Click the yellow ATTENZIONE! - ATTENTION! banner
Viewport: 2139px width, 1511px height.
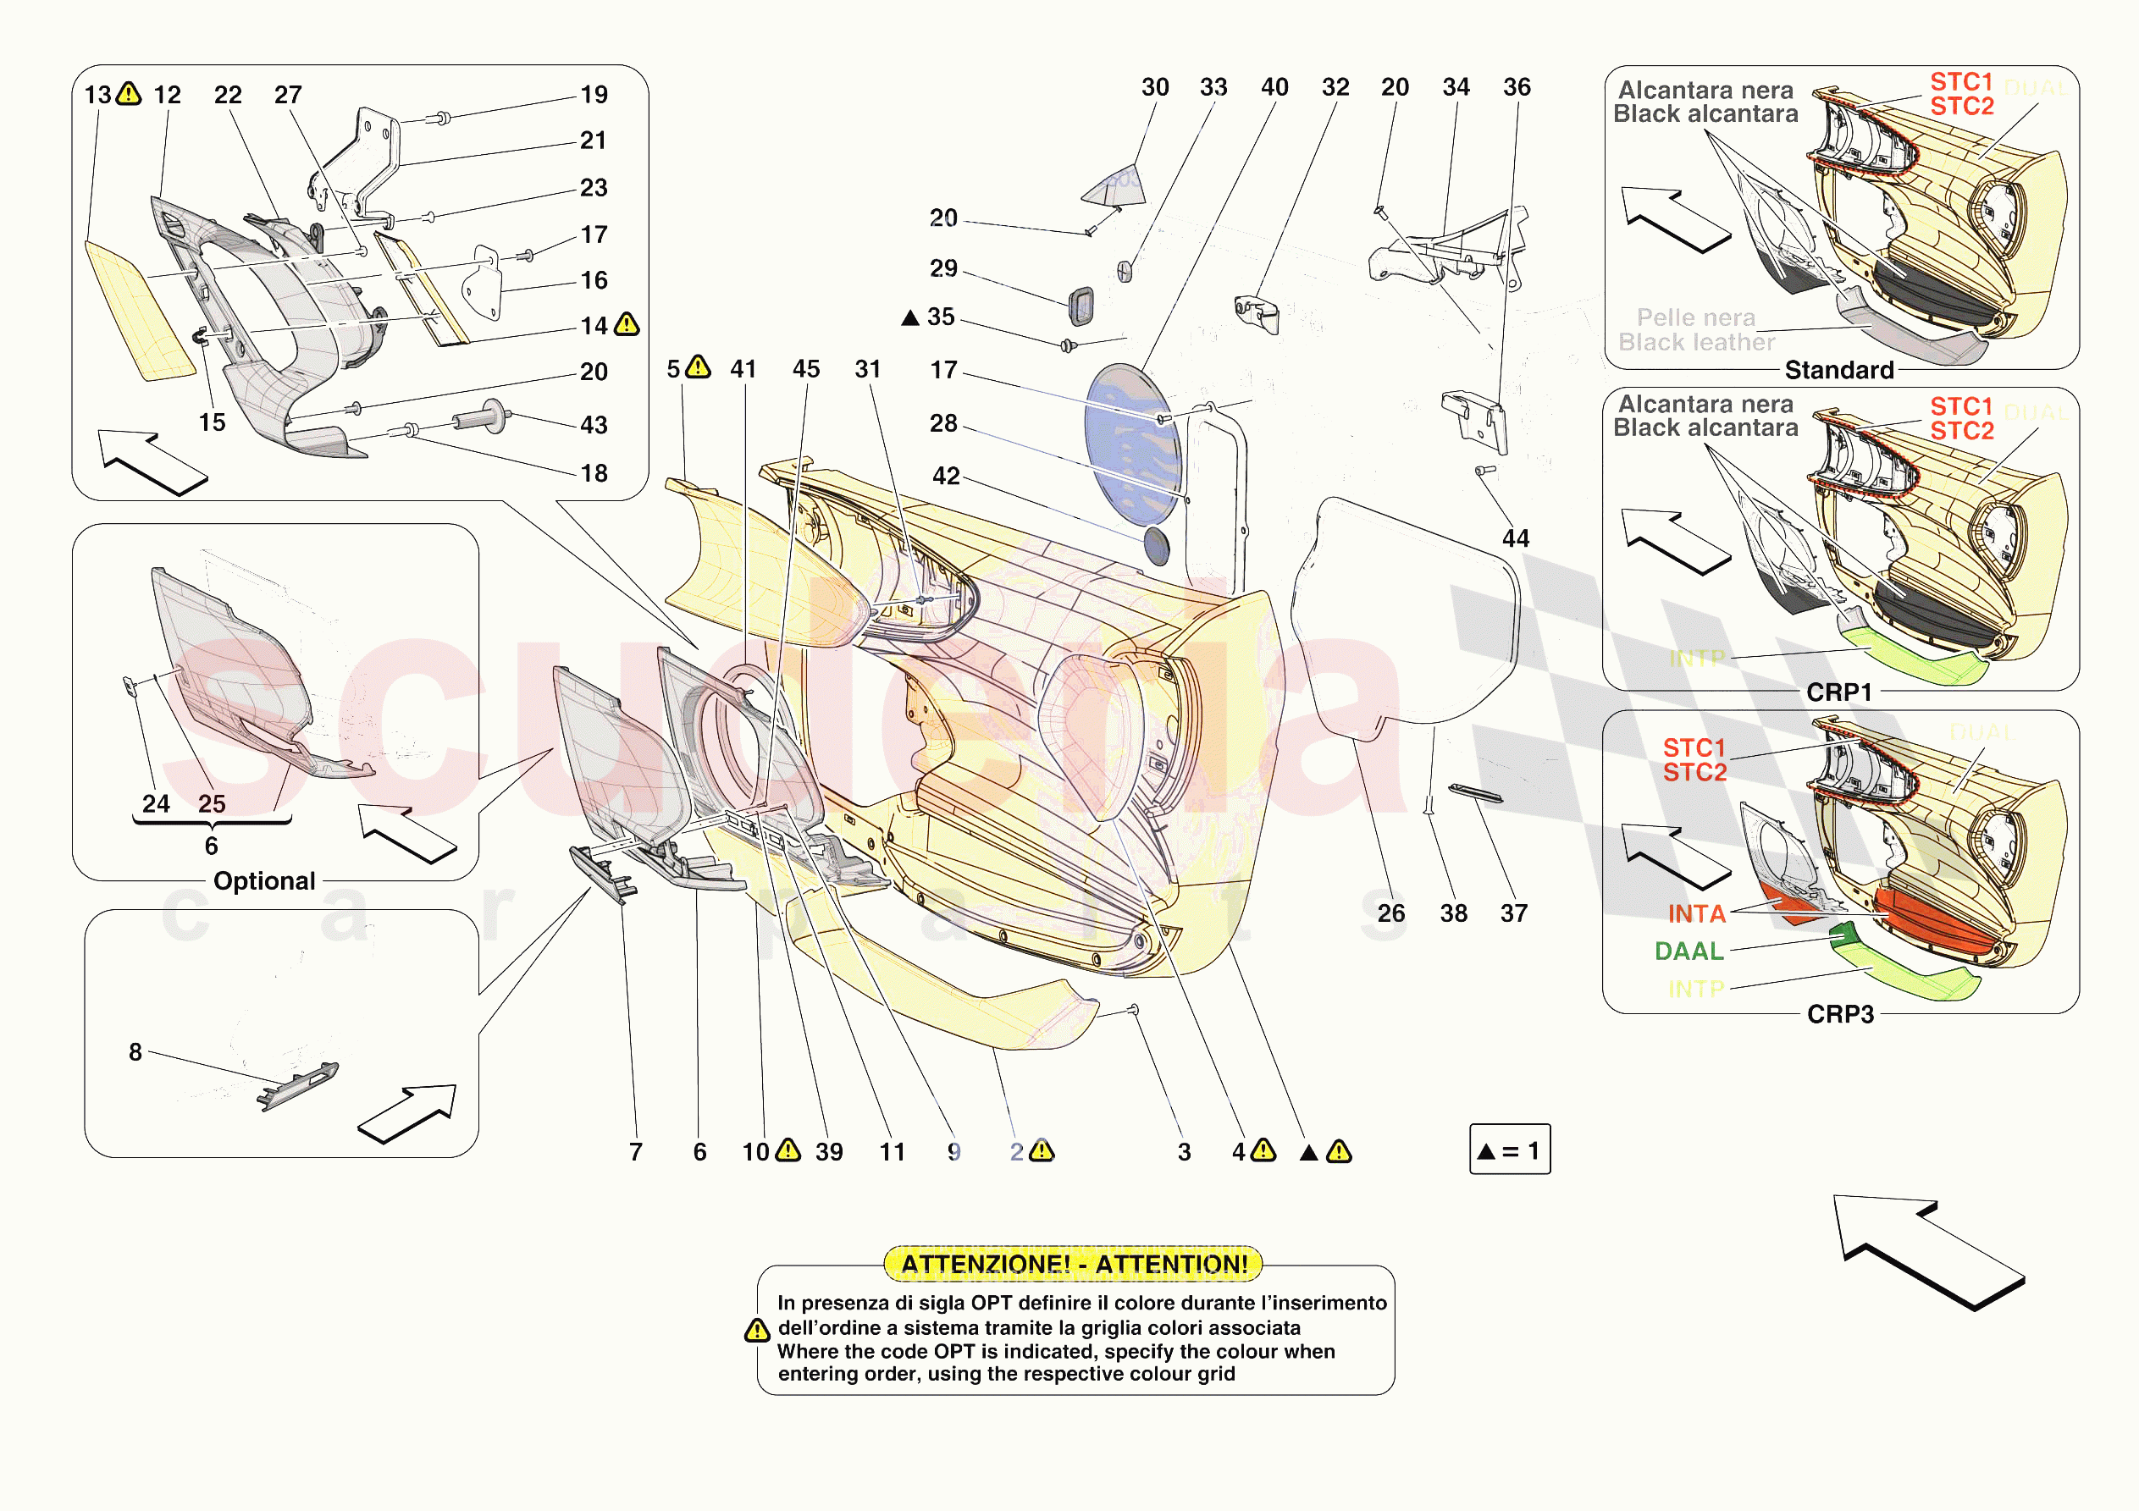1073,1264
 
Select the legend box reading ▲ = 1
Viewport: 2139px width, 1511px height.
1509,1150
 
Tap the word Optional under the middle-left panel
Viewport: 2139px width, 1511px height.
264,880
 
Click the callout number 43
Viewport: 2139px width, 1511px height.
594,425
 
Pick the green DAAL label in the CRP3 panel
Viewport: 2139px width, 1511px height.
1689,951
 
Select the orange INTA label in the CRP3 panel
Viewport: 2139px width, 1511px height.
1696,914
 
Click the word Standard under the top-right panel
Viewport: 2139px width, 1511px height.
1839,370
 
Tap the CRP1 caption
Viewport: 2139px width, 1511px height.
1839,692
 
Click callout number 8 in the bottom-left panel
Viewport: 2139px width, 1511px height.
135,1051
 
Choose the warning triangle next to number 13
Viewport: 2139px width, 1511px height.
129,93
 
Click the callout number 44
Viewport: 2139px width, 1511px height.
1516,538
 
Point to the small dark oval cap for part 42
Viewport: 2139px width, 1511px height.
1155,546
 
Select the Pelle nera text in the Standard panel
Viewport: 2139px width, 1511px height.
1695,317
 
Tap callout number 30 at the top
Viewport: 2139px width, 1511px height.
1155,86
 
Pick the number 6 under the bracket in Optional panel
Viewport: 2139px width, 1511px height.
212,845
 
